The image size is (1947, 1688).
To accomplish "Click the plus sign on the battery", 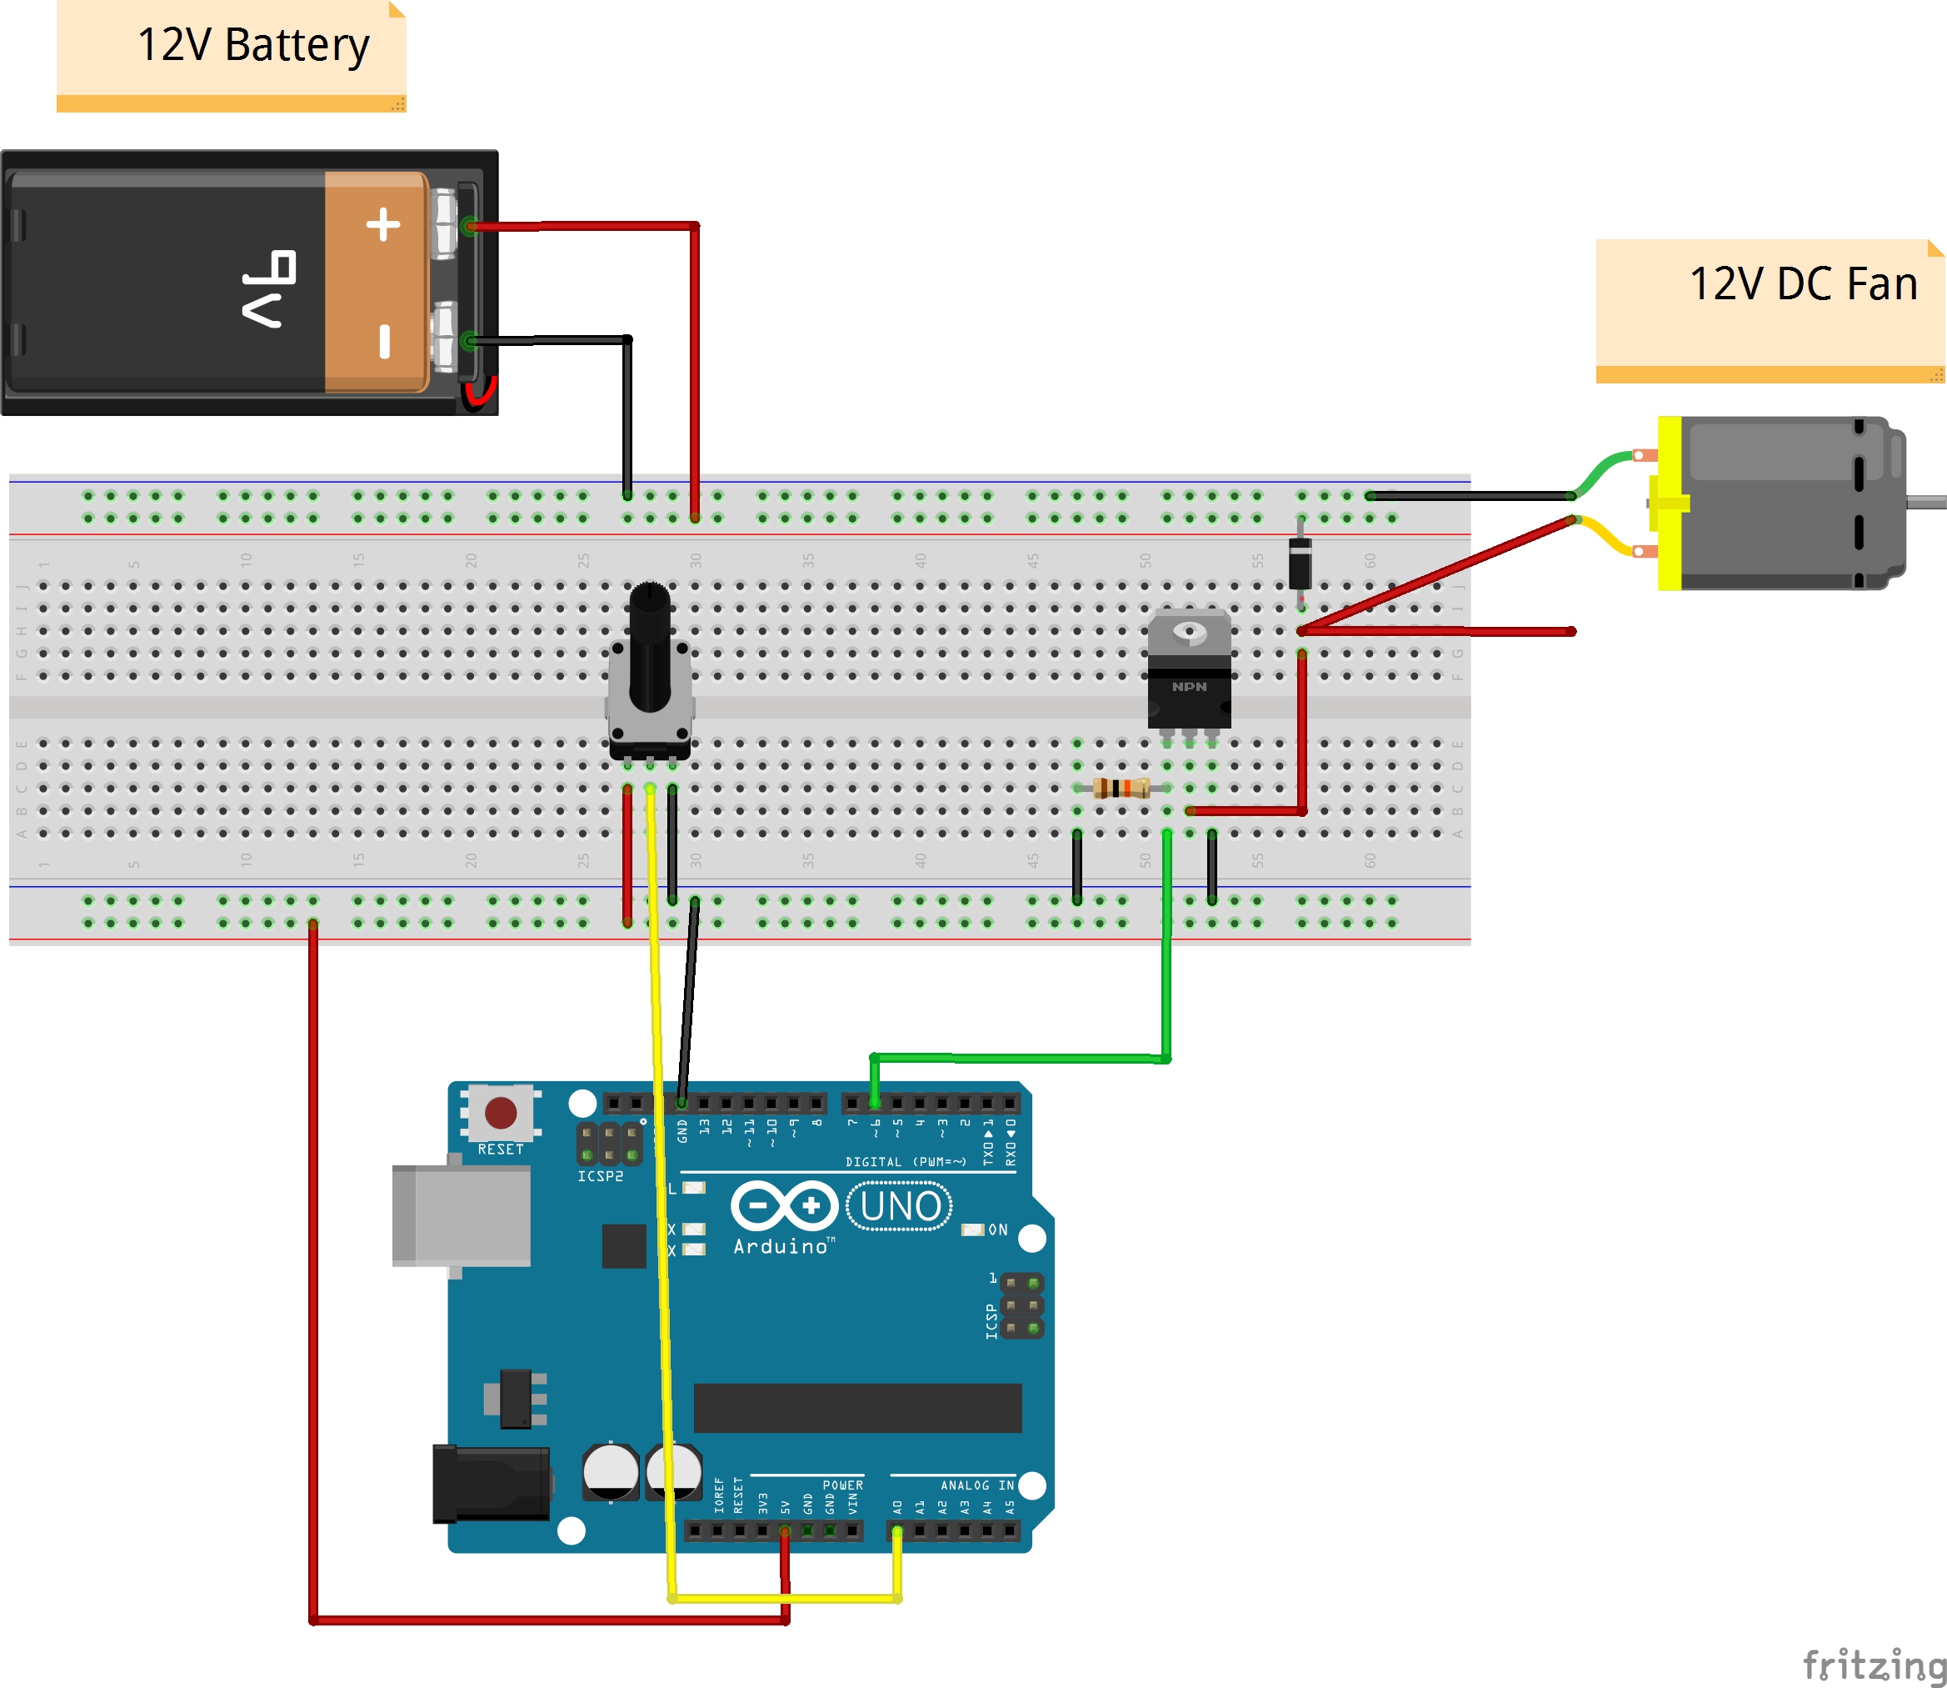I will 383,224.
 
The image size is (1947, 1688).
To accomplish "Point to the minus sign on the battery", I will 384,341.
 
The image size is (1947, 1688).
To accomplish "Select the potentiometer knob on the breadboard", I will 649,650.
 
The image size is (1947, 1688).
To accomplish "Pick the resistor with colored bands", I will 1121,788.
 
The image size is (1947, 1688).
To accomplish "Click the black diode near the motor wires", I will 1300,564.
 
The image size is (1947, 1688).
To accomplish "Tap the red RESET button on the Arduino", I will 500,1113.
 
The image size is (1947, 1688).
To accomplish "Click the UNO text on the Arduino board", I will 900,1205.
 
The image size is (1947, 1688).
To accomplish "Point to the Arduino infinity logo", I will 784,1205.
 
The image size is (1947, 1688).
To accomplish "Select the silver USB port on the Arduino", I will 462,1216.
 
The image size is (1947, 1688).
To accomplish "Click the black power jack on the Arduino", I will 491,1484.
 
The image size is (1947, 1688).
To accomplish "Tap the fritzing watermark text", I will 1873,1665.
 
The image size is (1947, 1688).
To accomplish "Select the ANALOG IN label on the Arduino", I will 977,1485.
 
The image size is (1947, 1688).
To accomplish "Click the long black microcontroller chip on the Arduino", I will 856,1407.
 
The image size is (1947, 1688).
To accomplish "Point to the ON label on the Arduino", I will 998,1230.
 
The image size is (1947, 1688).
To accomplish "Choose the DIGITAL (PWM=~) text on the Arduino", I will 905,1161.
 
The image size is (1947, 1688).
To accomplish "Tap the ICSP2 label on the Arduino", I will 600,1176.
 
